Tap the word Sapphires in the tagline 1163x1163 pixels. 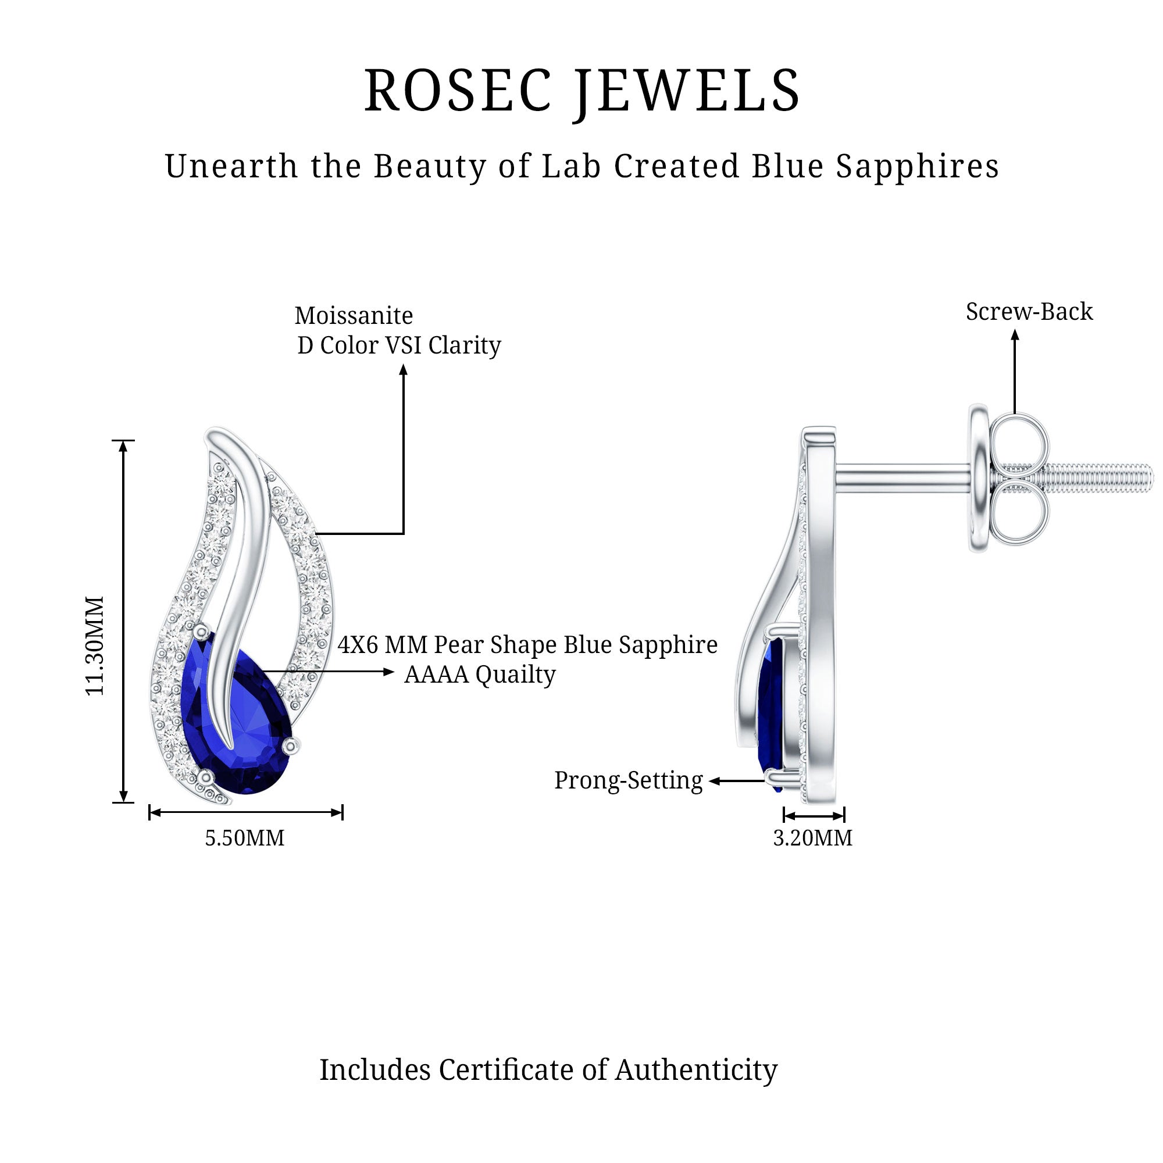click(918, 167)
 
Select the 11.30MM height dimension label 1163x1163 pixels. click(95, 646)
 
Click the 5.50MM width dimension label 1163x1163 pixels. click(244, 838)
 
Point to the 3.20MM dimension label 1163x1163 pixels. click(813, 838)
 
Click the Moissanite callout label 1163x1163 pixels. click(354, 316)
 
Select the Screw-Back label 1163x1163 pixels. click(1029, 312)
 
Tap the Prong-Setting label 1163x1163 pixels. click(629, 781)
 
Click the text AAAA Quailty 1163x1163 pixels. click(480, 675)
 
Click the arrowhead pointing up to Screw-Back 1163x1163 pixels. click(1015, 335)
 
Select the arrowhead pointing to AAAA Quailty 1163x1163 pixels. click(389, 671)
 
